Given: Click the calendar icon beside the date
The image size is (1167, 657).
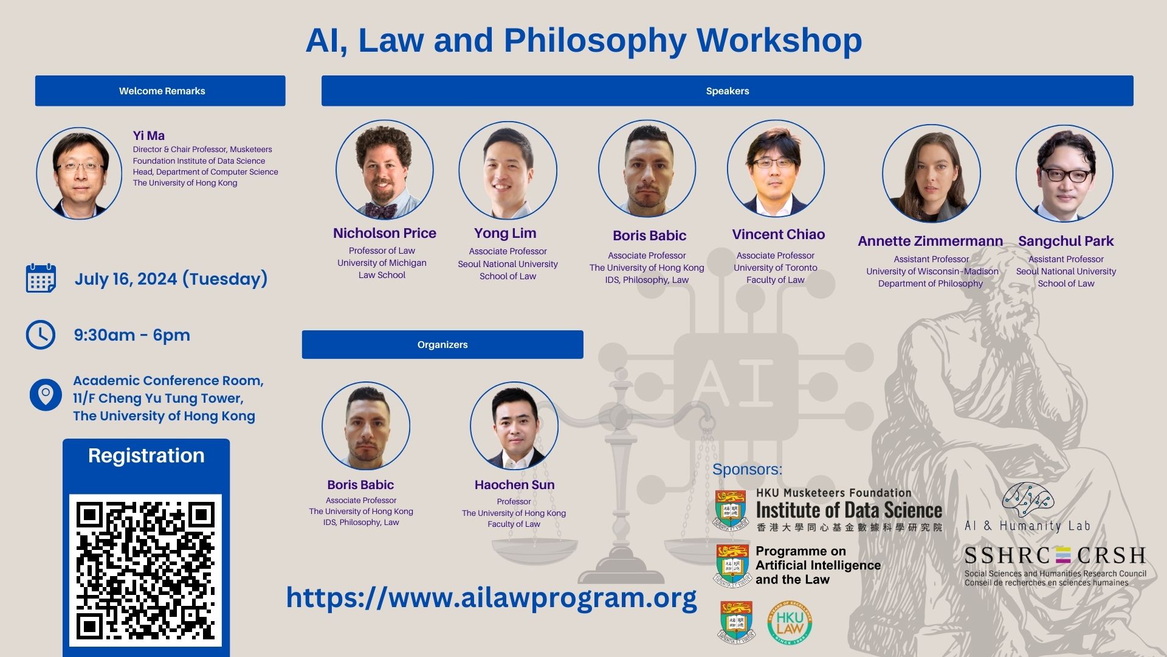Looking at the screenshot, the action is (41, 279).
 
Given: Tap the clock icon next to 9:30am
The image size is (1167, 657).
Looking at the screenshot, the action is (41, 335).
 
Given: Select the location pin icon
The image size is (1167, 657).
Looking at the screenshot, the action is (46, 395).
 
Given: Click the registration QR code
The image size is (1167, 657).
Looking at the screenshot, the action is (145, 570).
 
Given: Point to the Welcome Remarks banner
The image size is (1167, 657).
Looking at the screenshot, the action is (160, 91).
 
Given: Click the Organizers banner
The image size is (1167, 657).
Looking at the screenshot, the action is (442, 344).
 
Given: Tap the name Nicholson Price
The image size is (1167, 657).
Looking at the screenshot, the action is (385, 233).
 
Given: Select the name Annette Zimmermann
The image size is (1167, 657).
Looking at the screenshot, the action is (931, 241).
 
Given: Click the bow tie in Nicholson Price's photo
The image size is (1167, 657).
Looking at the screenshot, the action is (381, 210).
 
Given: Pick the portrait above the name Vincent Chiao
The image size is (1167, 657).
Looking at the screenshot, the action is (776, 169).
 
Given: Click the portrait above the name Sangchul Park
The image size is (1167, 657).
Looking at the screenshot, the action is (1064, 173).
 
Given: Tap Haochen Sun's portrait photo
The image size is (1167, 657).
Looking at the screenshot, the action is (514, 426).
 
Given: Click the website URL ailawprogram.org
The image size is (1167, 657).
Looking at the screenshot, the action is (492, 597).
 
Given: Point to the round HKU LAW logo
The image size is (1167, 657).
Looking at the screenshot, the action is (790, 623).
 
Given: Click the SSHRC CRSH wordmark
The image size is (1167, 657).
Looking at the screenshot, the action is (1055, 555).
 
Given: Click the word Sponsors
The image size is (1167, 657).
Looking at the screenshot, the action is (747, 470).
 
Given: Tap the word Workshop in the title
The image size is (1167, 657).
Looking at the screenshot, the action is (779, 40).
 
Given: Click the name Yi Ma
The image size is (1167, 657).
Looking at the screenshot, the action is (149, 136).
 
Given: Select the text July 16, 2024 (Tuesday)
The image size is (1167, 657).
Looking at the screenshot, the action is (171, 279).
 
